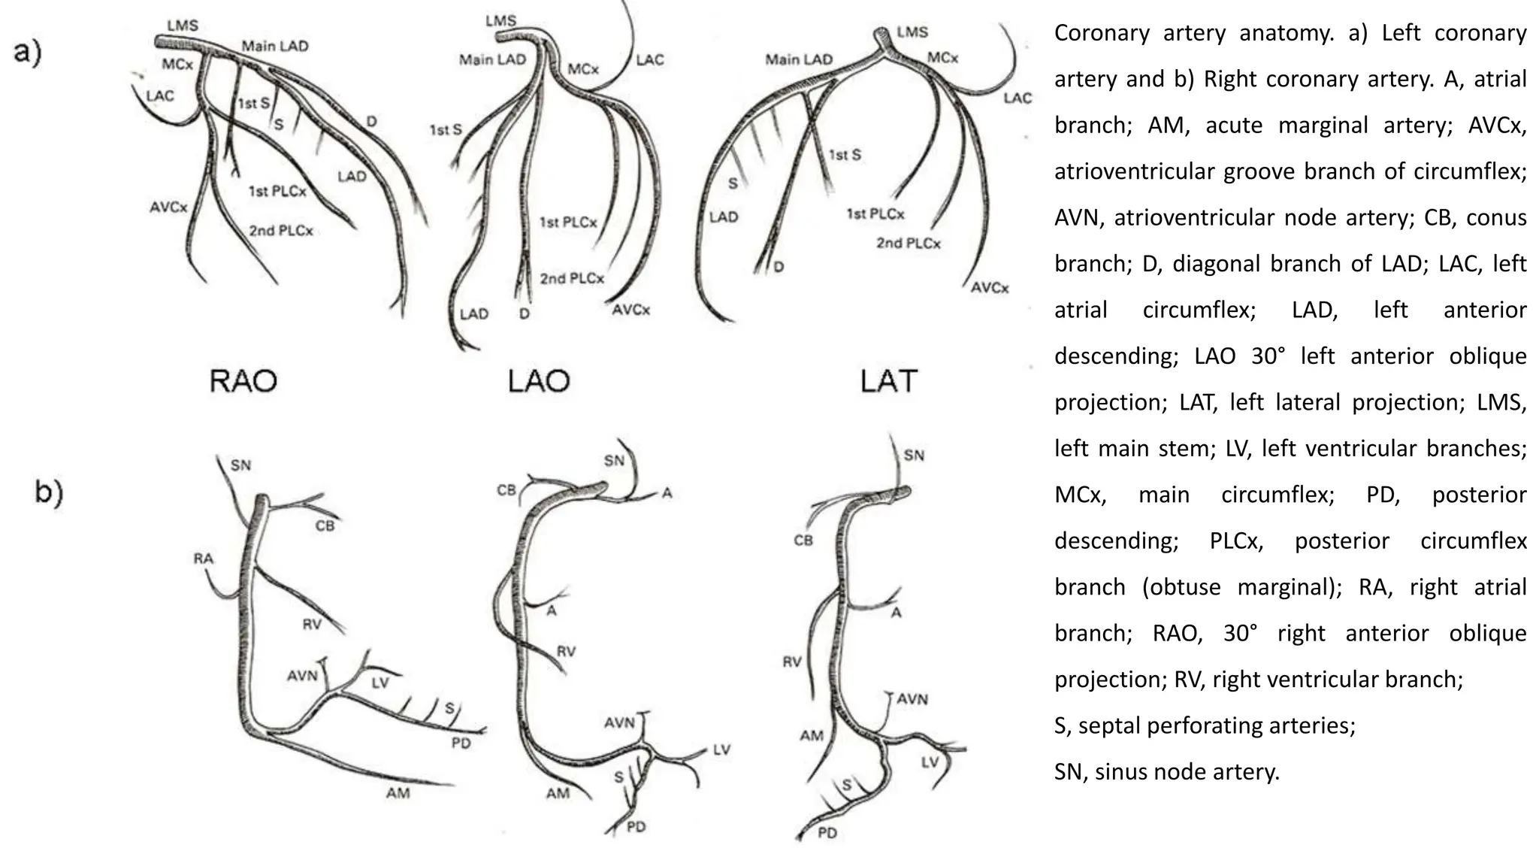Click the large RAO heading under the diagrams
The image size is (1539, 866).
pos(243,380)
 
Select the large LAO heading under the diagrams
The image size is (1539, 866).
pos(539,380)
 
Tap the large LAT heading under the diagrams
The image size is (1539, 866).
pos(889,380)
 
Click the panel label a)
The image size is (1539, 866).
pos(28,54)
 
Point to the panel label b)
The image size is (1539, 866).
pos(49,492)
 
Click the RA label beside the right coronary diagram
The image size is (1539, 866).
pos(203,559)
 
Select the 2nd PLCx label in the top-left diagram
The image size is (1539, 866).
pos(281,231)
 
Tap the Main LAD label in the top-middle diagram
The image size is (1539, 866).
pos(492,59)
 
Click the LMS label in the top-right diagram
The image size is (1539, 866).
pos(912,32)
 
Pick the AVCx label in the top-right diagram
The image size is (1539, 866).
pos(990,288)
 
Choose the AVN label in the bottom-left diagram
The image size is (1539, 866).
pos(303,676)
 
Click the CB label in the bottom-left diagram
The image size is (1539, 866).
pos(325,526)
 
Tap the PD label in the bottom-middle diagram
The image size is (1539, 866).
pos(636,827)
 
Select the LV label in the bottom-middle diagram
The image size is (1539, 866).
pos(721,749)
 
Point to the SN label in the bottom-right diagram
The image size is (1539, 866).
pos(914,456)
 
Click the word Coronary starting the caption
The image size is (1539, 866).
pos(1102,33)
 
